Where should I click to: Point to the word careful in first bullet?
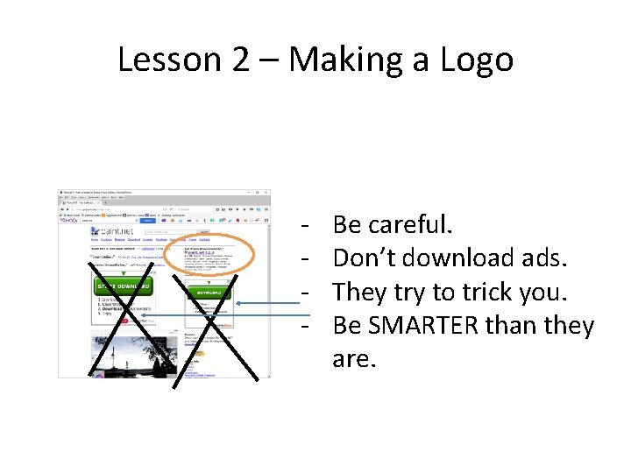410,225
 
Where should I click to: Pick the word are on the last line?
354,358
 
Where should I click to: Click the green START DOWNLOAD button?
123,286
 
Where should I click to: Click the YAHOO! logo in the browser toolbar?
70,221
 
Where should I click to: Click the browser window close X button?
266,192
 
